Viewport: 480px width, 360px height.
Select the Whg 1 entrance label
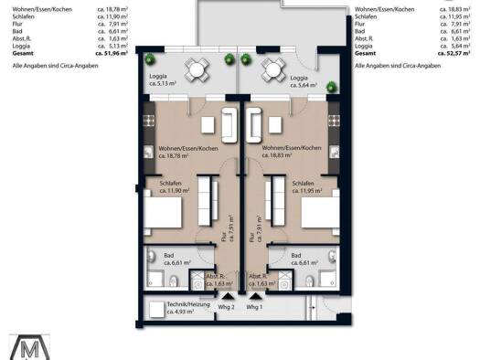point(254,307)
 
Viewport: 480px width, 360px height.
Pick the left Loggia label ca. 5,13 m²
point(160,81)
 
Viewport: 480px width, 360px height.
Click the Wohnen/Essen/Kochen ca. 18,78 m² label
point(188,152)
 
